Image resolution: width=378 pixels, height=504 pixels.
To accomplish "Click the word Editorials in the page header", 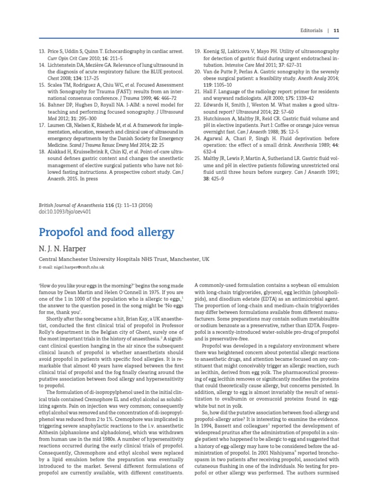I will click(x=312, y=30).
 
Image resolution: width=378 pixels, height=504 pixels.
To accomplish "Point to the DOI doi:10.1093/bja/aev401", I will click(x=64, y=212).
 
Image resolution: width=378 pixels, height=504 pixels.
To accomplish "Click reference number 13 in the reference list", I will click(x=41, y=51).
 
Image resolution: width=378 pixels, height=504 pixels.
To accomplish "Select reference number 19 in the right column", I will click(x=197, y=51).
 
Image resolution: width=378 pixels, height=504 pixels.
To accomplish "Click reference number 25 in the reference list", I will click(x=197, y=159).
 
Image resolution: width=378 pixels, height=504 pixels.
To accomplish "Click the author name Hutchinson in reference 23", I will click(x=221, y=119).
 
